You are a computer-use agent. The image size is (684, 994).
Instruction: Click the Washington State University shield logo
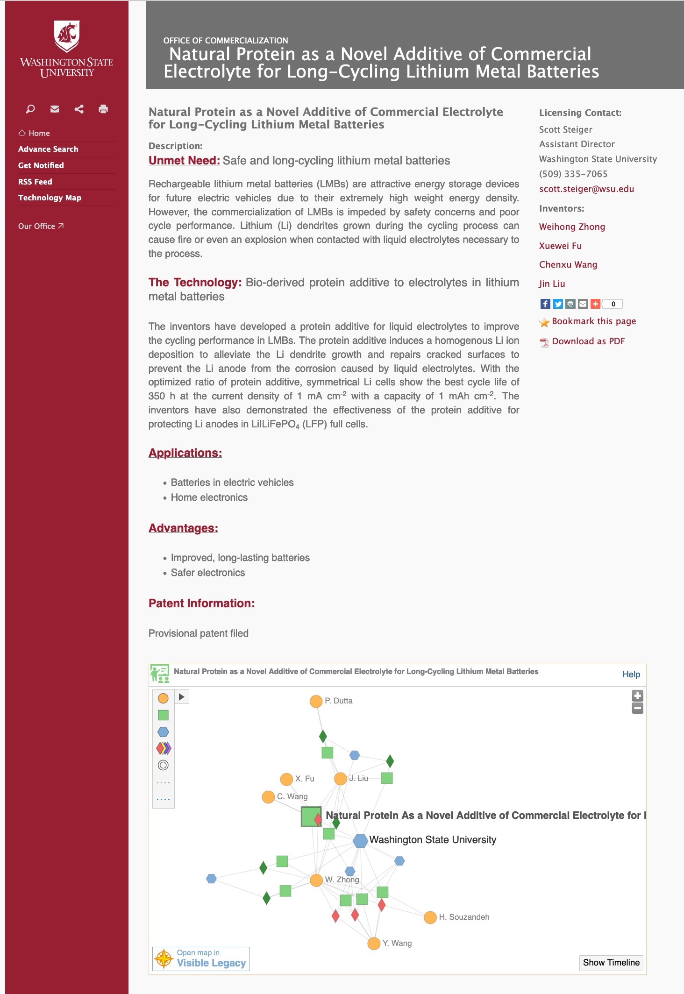pyautogui.click(x=67, y=36)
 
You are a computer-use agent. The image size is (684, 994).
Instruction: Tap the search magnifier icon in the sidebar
pyautogui.click(x=30, y=109)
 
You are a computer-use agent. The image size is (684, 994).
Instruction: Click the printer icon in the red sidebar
pyautogui.click(x=103, y=109)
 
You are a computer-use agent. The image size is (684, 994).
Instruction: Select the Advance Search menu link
pyautogui.click(x=48, y=149)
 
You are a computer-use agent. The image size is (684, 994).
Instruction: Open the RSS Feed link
pyautogui.click(x=35, y=182)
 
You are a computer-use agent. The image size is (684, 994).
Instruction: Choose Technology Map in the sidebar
pyautogui.click(x=50, y=198)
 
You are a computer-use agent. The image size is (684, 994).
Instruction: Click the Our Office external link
pyautogui.click(x=41, y=226)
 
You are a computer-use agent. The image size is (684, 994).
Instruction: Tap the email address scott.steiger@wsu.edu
pyautogui.click(x=586, y=189)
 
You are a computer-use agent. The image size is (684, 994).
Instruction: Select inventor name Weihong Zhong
pyautogui.click(x=572, y=227)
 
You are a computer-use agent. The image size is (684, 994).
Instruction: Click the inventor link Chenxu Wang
pyautogui.click(x=568, y=264)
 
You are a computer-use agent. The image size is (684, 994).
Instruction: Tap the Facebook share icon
pyautogui.click(x=545, y=304)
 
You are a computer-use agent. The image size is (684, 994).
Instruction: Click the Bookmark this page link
pyautogui.click(x=594, y=321)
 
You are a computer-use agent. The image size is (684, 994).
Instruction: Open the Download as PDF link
pyautogui.click(x=588, y=341)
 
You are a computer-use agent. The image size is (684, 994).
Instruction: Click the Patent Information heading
pyautogui.click(x=201, y=603)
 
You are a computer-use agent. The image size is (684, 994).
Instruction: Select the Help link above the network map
pyautogui.click(x=631, y=674)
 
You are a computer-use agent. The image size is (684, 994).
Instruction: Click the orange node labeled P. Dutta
pyautogui.click(x=316, y=701)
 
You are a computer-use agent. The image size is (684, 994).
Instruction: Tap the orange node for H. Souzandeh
pyautogui.click(x=430, y=917)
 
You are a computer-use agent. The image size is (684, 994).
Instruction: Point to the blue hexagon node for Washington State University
pyautogui.click(x=360, y=841)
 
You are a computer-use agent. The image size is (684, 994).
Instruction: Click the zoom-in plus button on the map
pyautogui.click(x=638, y=696)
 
